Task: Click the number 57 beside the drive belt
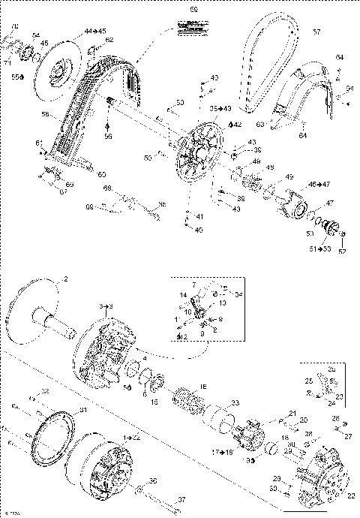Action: point(316,32)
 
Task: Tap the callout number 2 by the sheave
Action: point(65,279)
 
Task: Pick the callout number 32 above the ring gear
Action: point(44,392)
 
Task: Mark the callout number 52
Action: point(343,251)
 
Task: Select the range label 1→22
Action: point(131,436)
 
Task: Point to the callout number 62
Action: point(109,40)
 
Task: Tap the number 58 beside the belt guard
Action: point(46,114)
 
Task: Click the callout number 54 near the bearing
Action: point(36,35)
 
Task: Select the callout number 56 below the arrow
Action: point(108,137)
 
